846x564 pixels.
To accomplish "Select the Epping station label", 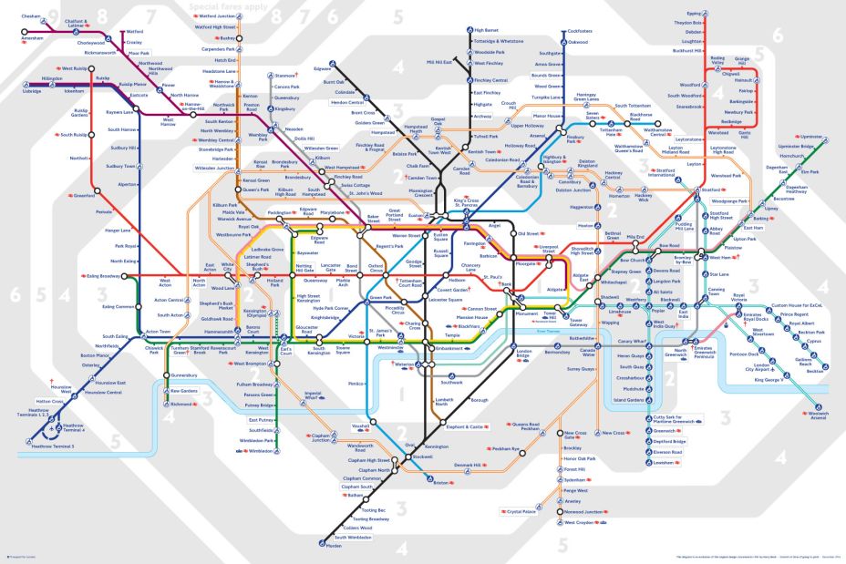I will coord(694,14).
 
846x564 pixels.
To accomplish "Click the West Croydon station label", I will coord(582,523).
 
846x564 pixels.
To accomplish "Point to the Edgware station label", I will coord(323,68).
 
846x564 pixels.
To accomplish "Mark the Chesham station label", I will coord(32,16).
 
